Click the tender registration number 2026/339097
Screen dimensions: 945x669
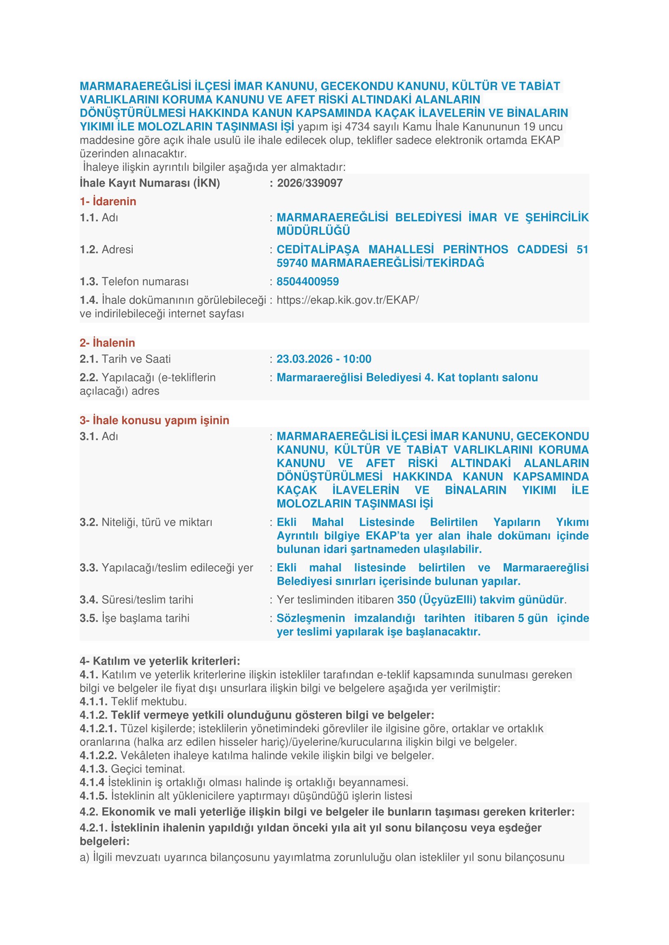tap(309, 183)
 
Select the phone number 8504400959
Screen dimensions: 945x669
tap(307, 282)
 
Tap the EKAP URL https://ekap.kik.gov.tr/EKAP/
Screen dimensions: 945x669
tap(347, 300)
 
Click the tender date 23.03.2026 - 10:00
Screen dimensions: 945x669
tap(324, 359)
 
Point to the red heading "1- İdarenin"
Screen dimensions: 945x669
tap(108, 201)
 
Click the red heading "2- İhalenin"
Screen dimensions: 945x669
tap(108, 343)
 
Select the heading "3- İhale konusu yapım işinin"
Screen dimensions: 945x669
tap(155, 420)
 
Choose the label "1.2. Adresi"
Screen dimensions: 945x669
tap(106, 249)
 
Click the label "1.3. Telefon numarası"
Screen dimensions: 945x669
tap(134, 282)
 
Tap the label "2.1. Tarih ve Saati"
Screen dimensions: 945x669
tap(125, 359)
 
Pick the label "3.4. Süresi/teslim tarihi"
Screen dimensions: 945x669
tap(136, 600)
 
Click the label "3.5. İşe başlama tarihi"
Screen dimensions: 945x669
tap(134, 618)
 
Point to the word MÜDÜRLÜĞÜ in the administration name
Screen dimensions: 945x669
tap(313, 231)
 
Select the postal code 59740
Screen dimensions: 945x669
tap(292, 263)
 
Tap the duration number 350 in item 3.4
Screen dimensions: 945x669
tap(406, 600)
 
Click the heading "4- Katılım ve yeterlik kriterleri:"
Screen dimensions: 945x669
tap(160, 661)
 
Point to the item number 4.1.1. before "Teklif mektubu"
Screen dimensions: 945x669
tap(93, 701)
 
